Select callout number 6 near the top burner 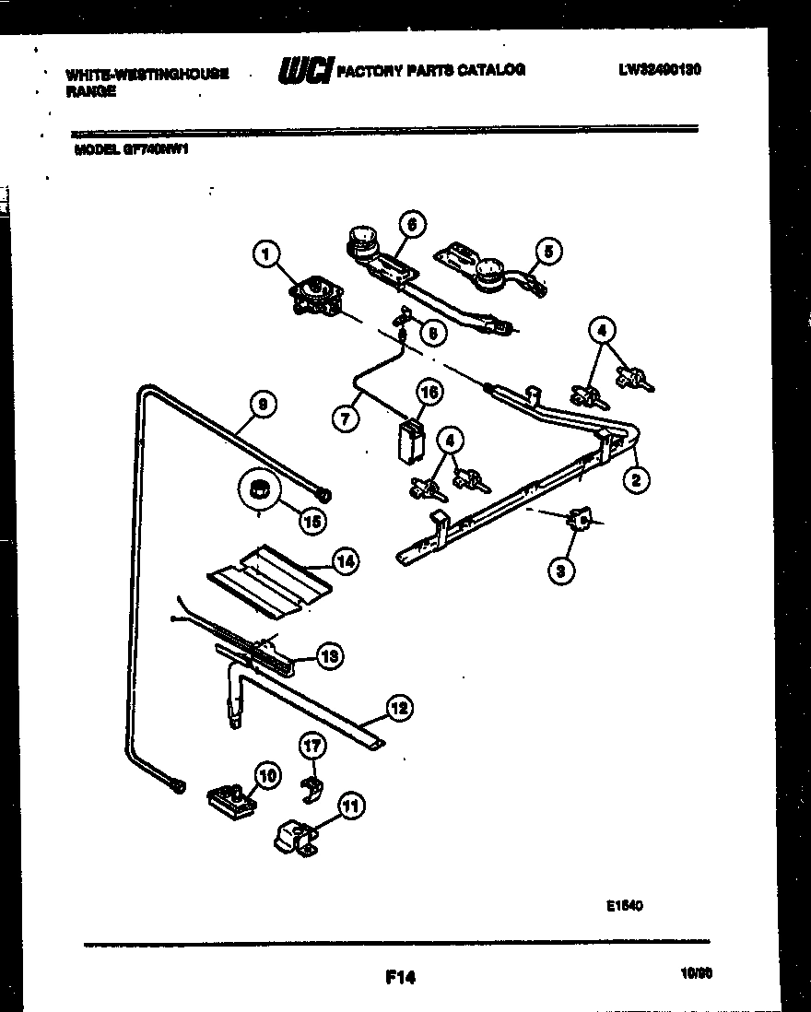pos(411,224)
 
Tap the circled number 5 pos(547,250)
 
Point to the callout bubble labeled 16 pos(429,393)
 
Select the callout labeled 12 pos(398,708)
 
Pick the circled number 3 pos(559,571)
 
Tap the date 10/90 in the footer pos(693,973)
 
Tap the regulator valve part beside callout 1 pos(312,297)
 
